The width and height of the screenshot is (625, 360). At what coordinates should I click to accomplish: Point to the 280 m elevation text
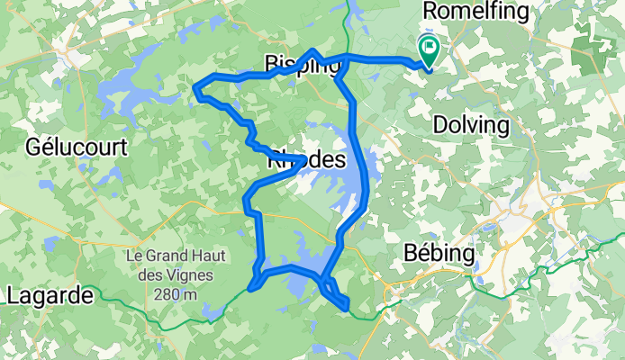pyautogui.click(x=166, y=296)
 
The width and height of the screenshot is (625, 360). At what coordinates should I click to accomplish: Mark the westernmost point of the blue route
pyautogui.click(x=196, y=87)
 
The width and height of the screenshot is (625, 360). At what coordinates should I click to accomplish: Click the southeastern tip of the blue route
pyautogui.click(x=347, y=310)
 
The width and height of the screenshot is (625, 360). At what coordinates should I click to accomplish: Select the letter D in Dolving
pyautogui.click(x=439, y=124)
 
